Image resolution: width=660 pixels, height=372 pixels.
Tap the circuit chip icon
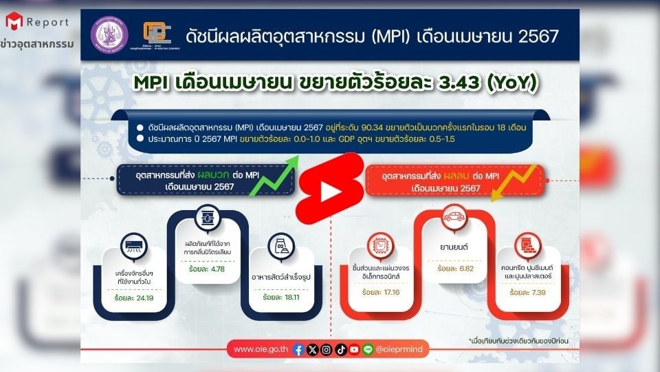tap(379, 241)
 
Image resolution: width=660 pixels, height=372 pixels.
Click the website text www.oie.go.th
tap(261, 350)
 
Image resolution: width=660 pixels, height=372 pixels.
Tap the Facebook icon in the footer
tap(298, 350)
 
